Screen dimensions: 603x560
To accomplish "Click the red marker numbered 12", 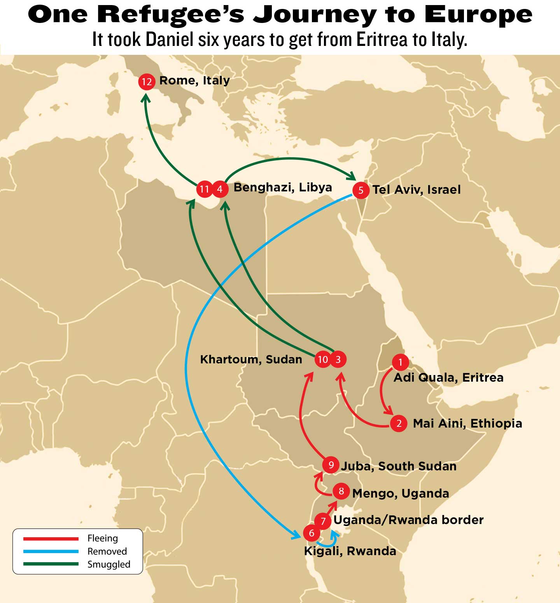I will coord(147,82).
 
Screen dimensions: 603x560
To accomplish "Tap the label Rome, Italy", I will coord(194,81).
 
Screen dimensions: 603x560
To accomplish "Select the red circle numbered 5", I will coord(360,190).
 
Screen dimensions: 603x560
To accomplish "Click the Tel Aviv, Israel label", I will coord(416,190).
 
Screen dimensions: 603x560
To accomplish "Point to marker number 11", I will coord(204,189).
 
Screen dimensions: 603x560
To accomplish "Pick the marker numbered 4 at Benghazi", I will coord(220,189).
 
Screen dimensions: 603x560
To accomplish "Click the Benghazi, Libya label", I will coord(283,188).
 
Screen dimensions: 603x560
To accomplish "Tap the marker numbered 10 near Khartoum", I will coord(323,359).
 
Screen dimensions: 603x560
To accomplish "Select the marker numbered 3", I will coord(338,359).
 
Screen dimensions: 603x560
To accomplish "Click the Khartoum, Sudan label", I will coord(251,359).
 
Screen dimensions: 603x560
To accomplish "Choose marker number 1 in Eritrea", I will coord(400,362).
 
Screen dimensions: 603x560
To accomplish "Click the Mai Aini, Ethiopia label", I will coord(467,423).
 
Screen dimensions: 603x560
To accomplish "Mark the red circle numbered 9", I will coord(331,465).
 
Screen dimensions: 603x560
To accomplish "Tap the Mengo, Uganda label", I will coord(401,493).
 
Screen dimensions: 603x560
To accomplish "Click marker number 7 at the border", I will coord(323,521).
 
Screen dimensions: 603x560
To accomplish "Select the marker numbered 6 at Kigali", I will coord(311,533).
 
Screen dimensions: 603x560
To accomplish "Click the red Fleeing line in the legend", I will coord(51,539).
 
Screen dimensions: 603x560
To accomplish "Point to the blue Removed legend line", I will coord(51,551).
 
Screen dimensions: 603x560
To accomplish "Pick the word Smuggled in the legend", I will coord(109,564).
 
